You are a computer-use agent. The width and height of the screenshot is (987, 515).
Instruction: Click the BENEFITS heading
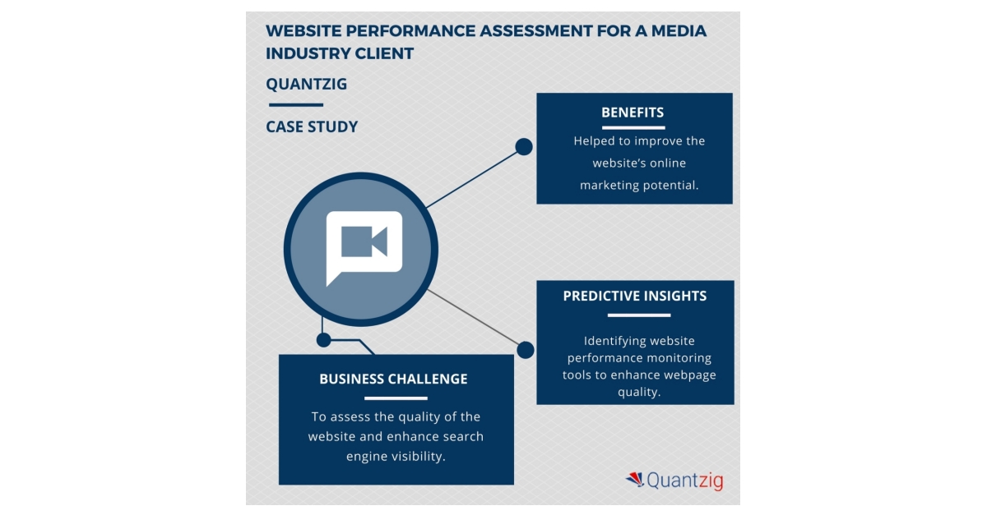(633, 113)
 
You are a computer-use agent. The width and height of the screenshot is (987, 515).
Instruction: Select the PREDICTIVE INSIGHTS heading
(634, 296)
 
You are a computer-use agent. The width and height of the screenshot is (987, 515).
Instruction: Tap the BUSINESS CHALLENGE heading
(393, 379)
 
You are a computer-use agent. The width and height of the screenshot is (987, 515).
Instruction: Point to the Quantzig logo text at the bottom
(684, 481)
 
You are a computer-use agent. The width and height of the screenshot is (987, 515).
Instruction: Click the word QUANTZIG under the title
(307, 84)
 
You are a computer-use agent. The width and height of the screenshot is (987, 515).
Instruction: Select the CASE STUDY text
(312, 126)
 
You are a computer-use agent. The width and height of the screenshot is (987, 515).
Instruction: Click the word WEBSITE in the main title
(304, 31)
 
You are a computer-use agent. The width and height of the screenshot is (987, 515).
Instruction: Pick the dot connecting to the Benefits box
(524, 147)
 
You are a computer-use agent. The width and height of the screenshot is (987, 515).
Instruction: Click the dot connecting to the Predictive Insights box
(525, 350)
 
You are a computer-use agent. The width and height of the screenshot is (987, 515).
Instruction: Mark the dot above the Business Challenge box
(324, 339)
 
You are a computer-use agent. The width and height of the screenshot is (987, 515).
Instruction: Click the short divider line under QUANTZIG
(295, 105)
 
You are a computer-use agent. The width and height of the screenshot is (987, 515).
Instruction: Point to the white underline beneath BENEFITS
(633, 127)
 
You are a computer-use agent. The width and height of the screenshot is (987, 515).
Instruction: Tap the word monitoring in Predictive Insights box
(679, 358)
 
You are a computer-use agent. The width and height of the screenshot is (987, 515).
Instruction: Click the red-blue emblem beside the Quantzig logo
(634, 479)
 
